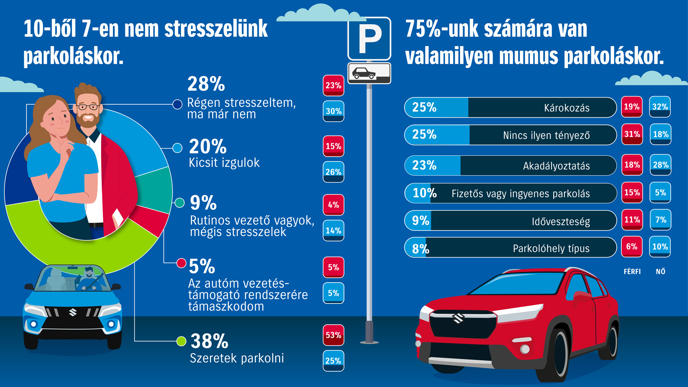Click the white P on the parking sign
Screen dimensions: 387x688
point(369,39)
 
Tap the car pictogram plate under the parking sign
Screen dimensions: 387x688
point(369,73)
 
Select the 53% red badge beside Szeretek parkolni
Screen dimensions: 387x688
point(333,335)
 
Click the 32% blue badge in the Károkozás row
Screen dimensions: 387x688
point(660,107)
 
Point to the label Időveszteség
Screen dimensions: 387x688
point(560,221)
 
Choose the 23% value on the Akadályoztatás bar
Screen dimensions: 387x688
point(424,165)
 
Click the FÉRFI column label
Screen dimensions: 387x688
point(632,272)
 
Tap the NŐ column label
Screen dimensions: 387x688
point(660,272)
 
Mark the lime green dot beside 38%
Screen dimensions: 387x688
point(181,341)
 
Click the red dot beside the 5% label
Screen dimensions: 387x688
point(181,263)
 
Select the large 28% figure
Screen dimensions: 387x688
point(206,84)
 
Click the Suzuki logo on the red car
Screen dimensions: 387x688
point(458,318)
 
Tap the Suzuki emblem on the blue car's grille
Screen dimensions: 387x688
point(73,312)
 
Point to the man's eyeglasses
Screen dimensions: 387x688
point(88,107)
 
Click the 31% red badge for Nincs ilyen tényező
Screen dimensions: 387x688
point(632,134)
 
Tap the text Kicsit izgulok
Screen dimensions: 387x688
point(224,162)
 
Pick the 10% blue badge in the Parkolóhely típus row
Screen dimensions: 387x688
point(660,246)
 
